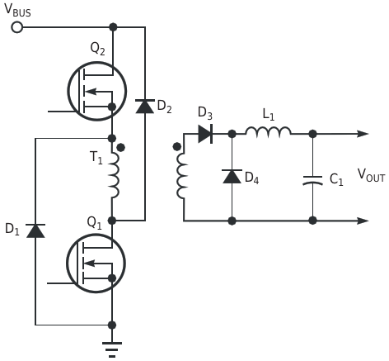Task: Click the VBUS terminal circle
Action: (x=17, y=27)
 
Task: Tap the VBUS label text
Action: (x=18, y=11)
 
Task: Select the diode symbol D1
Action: (x=35, y=230)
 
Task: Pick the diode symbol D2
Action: (x=145, y=107)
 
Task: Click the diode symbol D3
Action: (x=205, y=134)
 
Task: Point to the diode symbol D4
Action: (x=232, y=177)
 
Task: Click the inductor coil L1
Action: (x=268, y=132)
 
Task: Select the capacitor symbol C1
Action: (x=312, y=180)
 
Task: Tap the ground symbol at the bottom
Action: (x=112, y=349)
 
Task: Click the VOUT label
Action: (x=371, y=175)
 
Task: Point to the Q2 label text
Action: (x=97, y=50)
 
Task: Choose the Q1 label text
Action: (x=94, y=223)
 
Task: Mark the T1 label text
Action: (x=96, y=158)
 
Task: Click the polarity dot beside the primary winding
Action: (x=120, y=148)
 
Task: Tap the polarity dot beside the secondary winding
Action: (x=177, y=147)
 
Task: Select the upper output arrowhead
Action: (x=363, y=134)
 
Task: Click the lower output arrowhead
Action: (x=363, y=221)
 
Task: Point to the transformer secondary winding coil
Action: (x=183, y=176)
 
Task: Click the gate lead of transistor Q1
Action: (x=61, y=283)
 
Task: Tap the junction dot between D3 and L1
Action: (x=232, y=134)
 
